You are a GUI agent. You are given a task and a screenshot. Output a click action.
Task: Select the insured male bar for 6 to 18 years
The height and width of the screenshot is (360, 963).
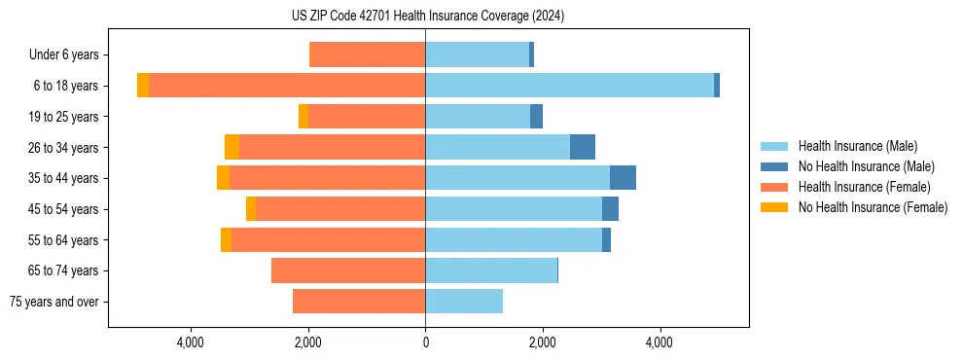tap(569, 86)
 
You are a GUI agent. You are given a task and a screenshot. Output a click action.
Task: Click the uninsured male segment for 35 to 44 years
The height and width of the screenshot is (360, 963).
tap(623, 178)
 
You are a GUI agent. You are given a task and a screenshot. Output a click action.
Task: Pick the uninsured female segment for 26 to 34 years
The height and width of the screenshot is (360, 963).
tap(232, 147)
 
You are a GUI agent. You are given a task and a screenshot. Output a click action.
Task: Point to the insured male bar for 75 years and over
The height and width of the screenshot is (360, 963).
tap(464, 302)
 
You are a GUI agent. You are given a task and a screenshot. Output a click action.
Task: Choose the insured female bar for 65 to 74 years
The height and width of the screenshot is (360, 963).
tap(348, 270)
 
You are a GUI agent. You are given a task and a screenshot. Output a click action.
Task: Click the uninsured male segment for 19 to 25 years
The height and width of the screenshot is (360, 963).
tap(536, 117)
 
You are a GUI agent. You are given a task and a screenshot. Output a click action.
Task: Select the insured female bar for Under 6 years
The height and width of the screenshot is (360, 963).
tap(367, 54)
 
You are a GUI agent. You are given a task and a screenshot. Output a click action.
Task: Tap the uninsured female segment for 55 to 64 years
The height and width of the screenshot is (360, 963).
tap(226, 239)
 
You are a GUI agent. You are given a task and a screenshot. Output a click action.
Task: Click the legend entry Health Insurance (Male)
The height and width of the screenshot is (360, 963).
tap(857, 146)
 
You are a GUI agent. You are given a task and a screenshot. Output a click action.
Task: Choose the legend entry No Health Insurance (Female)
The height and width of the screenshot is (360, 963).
tap(873, 207)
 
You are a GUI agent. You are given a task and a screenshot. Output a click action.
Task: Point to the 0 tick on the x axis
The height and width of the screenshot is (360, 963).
tap(425, 342)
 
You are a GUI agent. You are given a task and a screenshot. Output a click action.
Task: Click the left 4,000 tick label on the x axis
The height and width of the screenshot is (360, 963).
tap(191, 342)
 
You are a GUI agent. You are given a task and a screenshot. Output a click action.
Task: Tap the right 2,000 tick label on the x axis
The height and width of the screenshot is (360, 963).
tap(543, 342)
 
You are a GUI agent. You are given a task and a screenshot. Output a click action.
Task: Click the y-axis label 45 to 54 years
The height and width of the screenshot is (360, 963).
tap(63, 209)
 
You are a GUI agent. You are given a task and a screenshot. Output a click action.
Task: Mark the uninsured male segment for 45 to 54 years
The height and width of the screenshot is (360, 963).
tap(610, 209)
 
